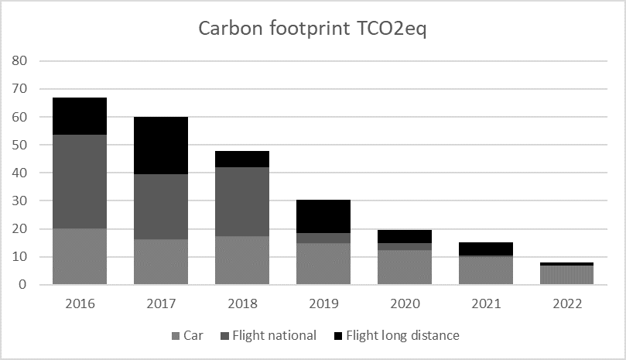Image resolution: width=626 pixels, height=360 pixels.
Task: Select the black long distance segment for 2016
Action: pyautogui.click(x=80, y=116)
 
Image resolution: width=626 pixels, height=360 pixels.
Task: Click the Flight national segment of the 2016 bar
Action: pyautogui.click(x=80, y=181)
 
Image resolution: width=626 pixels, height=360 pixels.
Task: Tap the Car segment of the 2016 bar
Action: pyautogui.click(x=80, y=256)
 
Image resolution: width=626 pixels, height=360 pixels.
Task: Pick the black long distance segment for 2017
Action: pyautogui.click(x=162, y=146)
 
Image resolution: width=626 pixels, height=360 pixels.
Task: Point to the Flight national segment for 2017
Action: pyautogui.click(x=162, y=207)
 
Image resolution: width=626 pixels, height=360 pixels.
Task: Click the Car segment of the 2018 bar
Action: pyautogui.click(x=243, y=260)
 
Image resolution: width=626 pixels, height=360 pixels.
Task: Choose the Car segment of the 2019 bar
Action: pyautogui.click(x=324, y=264)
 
